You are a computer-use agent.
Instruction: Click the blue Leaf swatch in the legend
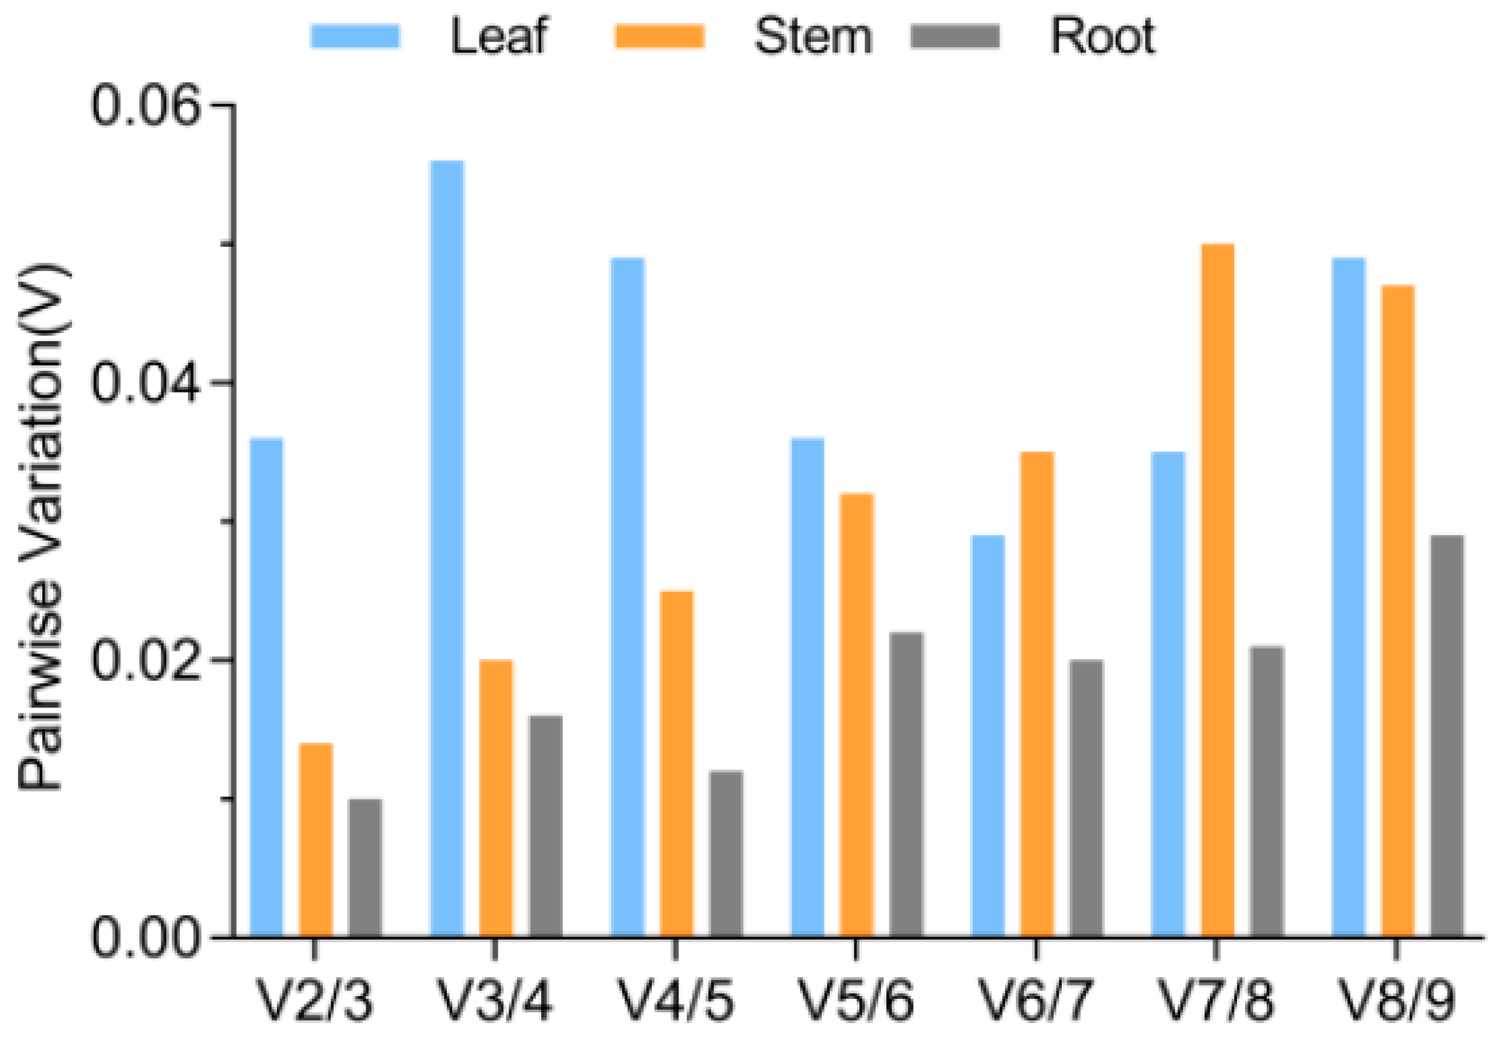click(x=355, y=36)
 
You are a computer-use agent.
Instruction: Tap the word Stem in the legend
click(x=813, y=36)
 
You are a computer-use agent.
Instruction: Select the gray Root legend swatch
click(x=954, y=36)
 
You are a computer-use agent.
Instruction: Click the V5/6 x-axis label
click(x=856, y=1001)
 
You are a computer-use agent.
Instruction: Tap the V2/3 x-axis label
click(x=316, y=1001)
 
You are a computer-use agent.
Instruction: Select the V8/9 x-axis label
click(x=1397, y=1001)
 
